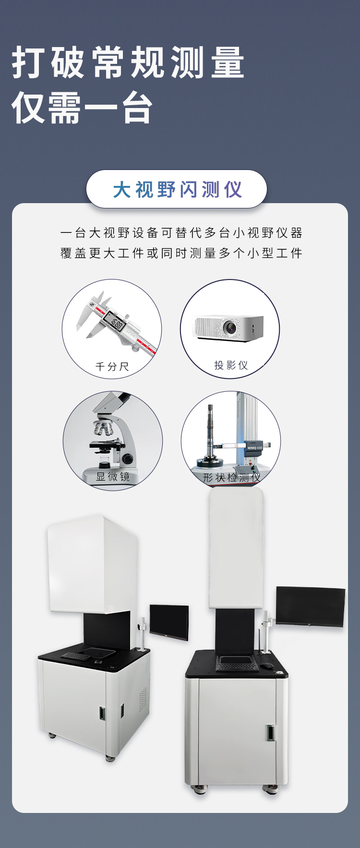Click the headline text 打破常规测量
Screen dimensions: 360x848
(x=128, y=62)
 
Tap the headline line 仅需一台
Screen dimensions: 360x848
(x=82, y=107)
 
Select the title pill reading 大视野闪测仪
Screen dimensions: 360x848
(x=176, y=189)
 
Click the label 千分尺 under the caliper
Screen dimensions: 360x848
(x=112, y=367)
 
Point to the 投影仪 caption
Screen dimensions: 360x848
(x=231, y=365)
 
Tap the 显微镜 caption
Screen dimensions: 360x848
(x=113, y=477)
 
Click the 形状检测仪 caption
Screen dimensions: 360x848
(x=231, y=478)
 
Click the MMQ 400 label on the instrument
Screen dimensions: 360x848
(x=255, y=448)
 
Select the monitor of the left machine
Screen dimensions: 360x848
(x=169, y=622)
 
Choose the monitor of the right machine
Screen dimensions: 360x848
(x=311, y=606)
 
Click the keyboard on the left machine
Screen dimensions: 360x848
(x=74, y=656)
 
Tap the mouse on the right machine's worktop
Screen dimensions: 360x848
(x=266, y=665)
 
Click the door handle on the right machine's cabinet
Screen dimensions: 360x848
(x=271, y=732)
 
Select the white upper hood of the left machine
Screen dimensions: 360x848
(x=93, y=564)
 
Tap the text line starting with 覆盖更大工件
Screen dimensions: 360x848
(x=181, y=253)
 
